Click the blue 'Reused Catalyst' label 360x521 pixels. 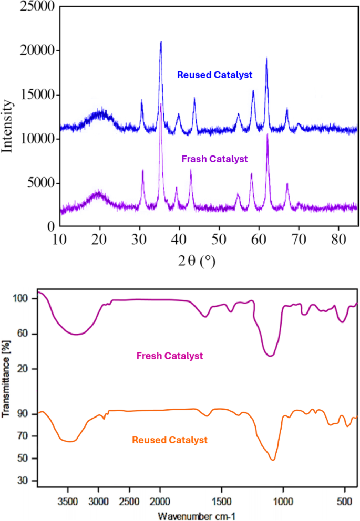pyautogui.click(x=215, y=75)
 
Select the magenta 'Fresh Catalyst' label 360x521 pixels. pyautogui.click(x=169, y=356)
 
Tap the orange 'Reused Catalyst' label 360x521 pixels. pyautogui.click(x=170, y=440)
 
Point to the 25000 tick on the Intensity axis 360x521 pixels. pyautogui.click(x=36, y=7)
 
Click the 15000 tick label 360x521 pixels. pyautogui.click(x=36, y=95)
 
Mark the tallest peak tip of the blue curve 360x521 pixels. pyautogui.click(x=161, y=41)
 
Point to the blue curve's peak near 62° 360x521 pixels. pyautogui.click(x=266, y=58)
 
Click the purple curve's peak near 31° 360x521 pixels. pyautogui.click(x=142, y=170)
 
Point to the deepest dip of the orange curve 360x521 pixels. pyautogui.click(x=273, y=460)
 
